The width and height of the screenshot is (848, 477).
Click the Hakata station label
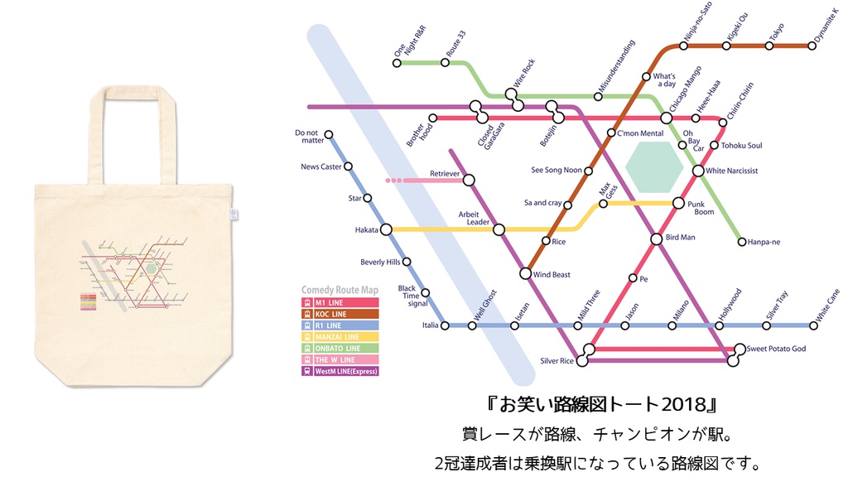pyautogui.click(x=366, y=229)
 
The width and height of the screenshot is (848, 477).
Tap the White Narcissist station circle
pyautogui.click(x=699, y=171)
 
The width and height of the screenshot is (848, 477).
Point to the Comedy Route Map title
pyautogui.click(x=340, y=291)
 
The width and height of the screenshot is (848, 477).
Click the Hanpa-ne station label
pyautogui.click(x=764, y=242)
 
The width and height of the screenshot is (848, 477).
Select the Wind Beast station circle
pyautogui.click(x=525, y=273)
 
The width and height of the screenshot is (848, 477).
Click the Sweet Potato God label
pyautogui.click(x=776, y=349)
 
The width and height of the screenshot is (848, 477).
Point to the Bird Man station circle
pyautogui.click(x=657, y=238)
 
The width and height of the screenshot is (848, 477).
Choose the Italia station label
pyautogui.click(x=430, y=325)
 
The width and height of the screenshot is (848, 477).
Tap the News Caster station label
pyautogui.click(x=320, y=167)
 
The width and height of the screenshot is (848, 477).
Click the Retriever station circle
pyautogui.click(x=469, y=180)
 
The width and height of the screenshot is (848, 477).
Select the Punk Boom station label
pyautogui.click(x=701, y=207)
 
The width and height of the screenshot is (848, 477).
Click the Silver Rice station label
pyautogui.click(x=556, y=361)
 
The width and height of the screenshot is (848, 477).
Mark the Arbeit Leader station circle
pyautogui.click(x=499, y=229)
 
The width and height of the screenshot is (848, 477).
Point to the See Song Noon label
pyautogui.click(x=556, y=171)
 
